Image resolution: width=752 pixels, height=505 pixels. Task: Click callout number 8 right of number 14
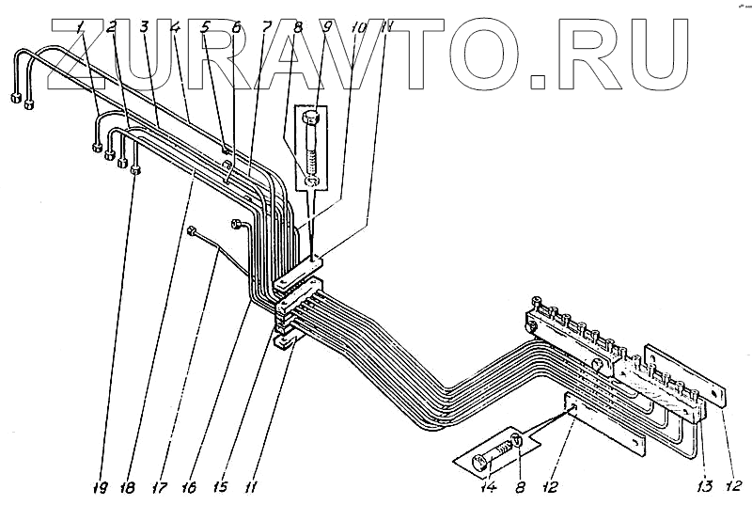(520, 487)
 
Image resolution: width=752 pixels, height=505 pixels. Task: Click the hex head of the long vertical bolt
(312, 118)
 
